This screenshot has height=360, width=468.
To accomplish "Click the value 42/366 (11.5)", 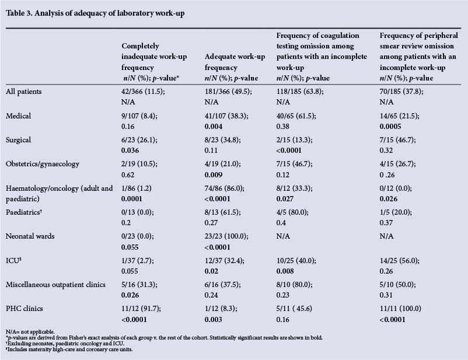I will (x=145, y=92).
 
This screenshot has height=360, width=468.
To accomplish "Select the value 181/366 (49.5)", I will (x=230, y=92).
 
